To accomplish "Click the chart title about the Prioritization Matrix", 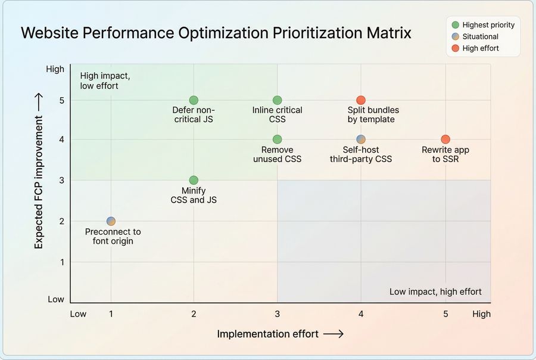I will coord(216,33).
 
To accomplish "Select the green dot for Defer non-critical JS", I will coord(194,100).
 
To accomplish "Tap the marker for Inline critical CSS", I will coord(277,100).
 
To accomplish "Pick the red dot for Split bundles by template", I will coord(361,100).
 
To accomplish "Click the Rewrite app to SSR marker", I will coord(445,139).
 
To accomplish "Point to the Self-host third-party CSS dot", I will coord(361,139).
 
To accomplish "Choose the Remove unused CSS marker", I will coord(277,139).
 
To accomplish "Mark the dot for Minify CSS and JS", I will coord(194,180).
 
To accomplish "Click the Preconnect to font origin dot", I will coord(111,221).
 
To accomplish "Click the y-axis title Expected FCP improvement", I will coord(39,172).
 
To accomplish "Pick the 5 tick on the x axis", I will coord(445,314).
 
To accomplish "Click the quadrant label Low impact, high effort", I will coord(435,291).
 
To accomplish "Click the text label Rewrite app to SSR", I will coord(445,154).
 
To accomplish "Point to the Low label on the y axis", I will coord(56,299).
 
